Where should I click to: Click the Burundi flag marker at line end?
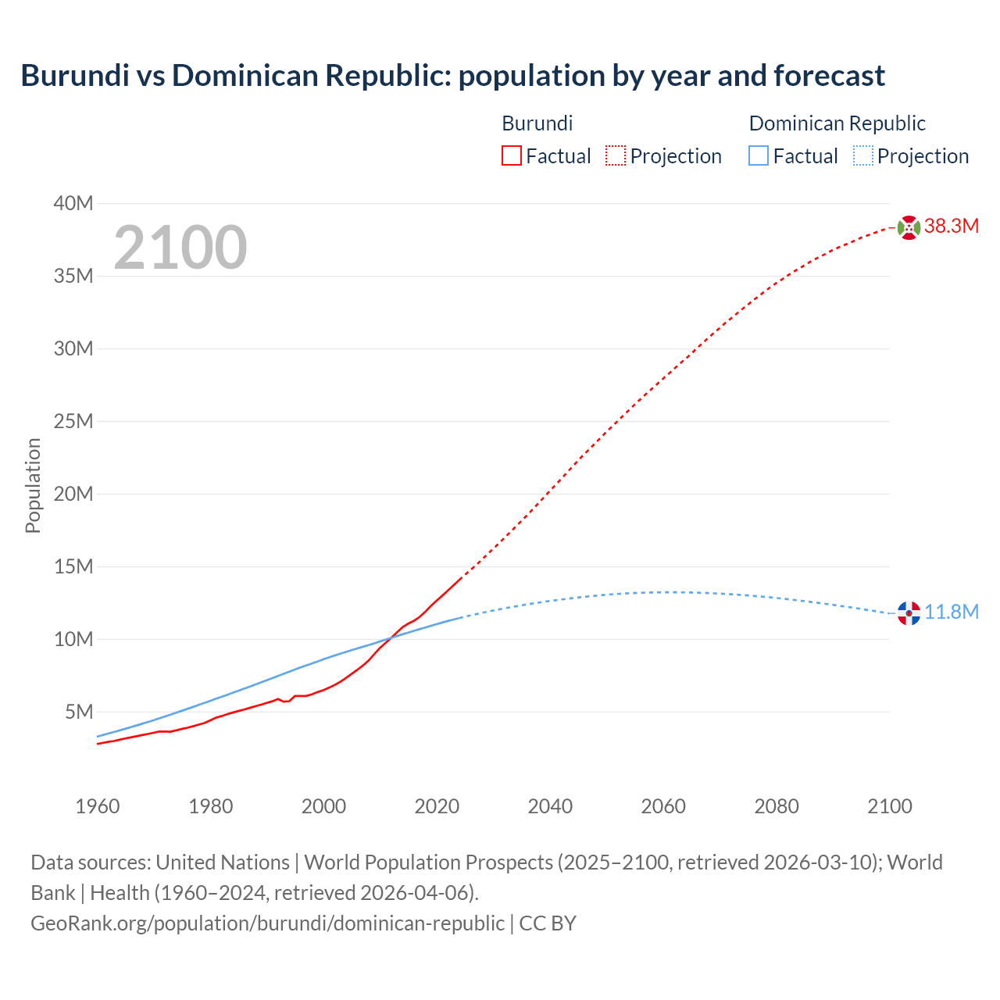pyautogui.click(x=909, y=227)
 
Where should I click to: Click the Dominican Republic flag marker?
pyautogui.click(x=909, y=613)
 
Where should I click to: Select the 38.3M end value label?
pyautogui.click(x=951, y=227)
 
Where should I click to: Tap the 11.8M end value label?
pyautogui.click(x=951, y=612)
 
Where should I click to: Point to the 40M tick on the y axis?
pyautogui.click(x=73, y=204)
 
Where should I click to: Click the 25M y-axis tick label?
pyautogui.click(x=73, y=422)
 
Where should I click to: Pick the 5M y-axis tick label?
pyautogui.click(x=79, y=712)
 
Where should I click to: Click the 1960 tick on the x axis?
pyautogui.click(x=98, y=806)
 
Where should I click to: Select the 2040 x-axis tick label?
pyautogui.click(x=550, y=806)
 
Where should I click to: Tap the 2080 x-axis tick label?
pyautogui.click(x=777, y=806)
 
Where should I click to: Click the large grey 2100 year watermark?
pyautogui.click(x=180, y=248)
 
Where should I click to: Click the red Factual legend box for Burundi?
pyautogui.click(x=512, y=156)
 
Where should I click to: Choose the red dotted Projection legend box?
pyautogui.click(x=616, y=156)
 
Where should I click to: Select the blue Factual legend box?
pyautogui.click(x=759, y=156)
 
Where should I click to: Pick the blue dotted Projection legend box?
pyautogui.click(x=863, y=156)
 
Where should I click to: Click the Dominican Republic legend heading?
pyautogui.click(x=837, y=123)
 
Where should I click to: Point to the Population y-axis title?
pyautogui.click(x=33, y=485)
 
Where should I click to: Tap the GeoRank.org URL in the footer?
pyautogui.click(x=267, y=923)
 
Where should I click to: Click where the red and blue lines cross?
pyautogui.click(x=391, y=637)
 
